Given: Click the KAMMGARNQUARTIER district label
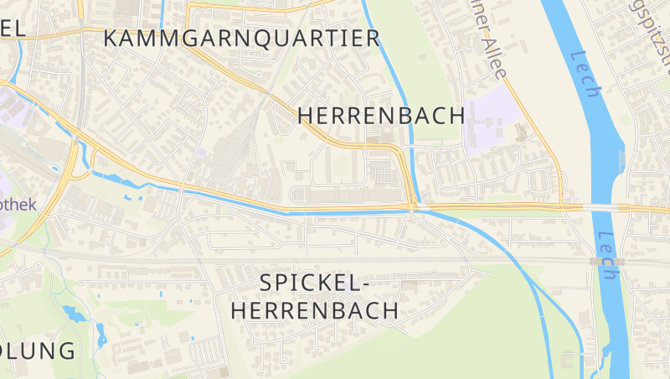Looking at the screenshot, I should click(x=242, y=38).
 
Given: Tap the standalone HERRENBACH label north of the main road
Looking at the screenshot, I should click(x=381, y=116).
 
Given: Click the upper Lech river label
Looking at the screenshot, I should click(x=584, y=74).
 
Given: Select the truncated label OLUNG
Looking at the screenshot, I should click(x=38, y=350).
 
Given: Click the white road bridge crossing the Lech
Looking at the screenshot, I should click(x=600, y=207).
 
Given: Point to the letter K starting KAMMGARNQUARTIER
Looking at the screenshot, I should click(x=111, y=38).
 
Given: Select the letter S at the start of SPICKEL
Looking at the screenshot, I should click(x=267, y=283).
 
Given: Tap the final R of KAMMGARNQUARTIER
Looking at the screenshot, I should click(x=373, y=38).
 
